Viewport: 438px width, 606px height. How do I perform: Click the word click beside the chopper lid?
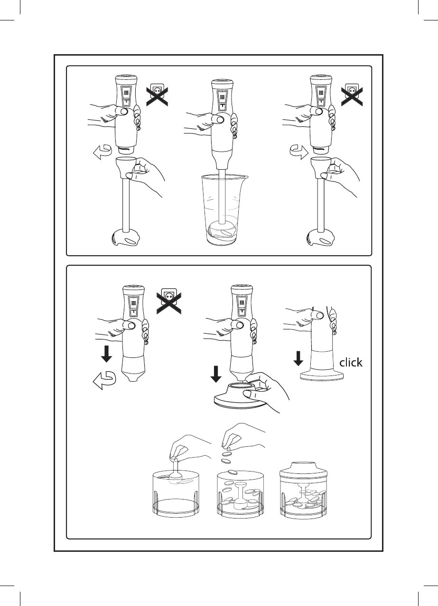(x=351, y=363)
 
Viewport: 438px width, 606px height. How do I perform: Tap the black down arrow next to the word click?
(x=298, y=358)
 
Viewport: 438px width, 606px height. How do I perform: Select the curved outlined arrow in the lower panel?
(x=102, y=381)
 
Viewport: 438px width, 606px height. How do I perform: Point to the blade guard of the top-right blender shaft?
(x=321, y=238)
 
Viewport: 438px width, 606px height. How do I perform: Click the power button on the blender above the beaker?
(x=219, y=119)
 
